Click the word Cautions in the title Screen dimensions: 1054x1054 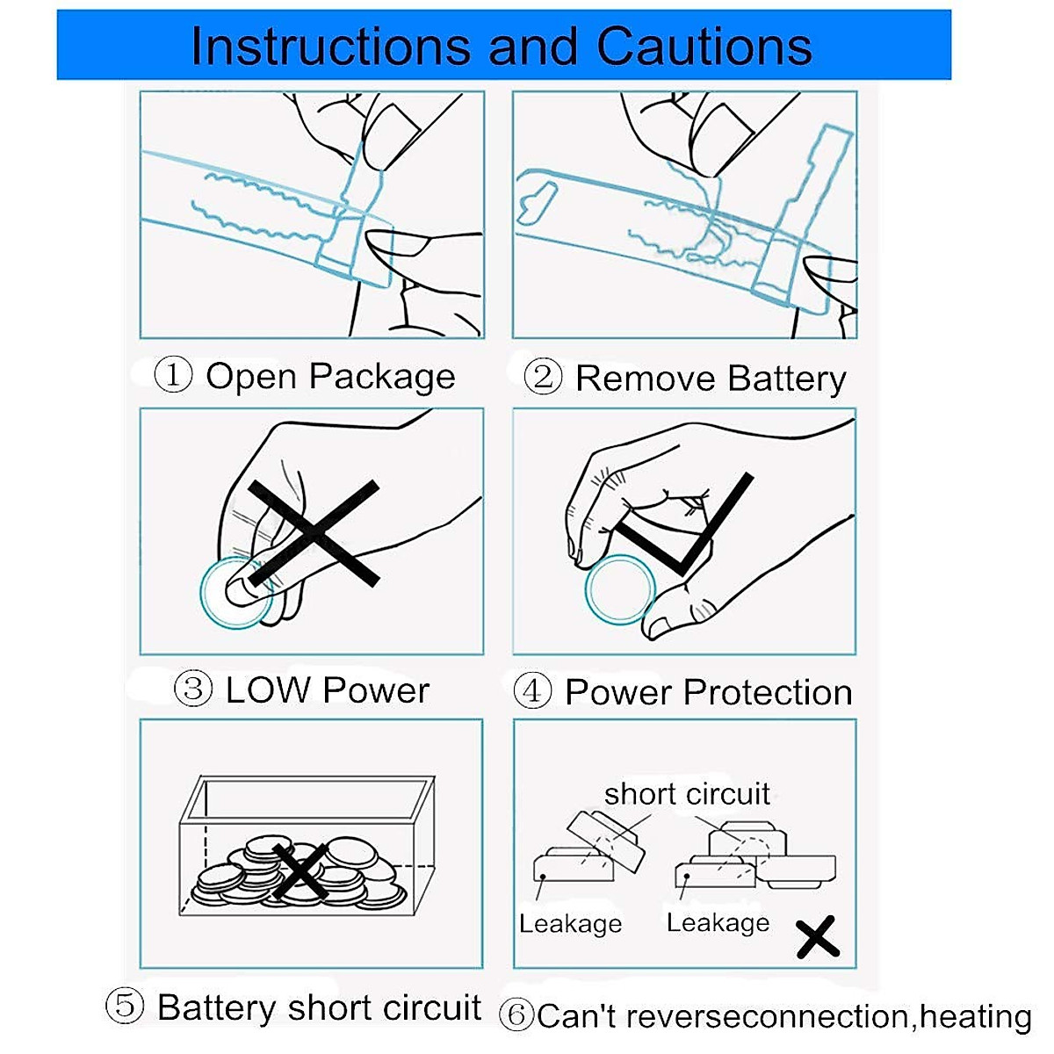(704, 46)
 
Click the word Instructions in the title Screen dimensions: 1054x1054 (330, 46)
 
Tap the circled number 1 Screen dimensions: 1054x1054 (173, 375)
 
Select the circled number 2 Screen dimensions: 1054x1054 (543, 377)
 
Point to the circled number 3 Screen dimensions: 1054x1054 (192, 689)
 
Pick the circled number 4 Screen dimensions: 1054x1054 (532, 690)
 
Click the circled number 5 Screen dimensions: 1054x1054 (125, 1006)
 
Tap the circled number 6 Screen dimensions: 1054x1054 (516, 1015)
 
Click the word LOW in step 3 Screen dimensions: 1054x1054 (268, 689)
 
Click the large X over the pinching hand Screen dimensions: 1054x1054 (314, 533)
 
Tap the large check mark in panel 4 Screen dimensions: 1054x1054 (683, 524)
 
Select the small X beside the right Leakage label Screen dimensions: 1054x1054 (817, 936)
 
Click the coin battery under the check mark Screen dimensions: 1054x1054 (620, 589)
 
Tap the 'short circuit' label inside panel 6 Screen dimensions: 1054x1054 (687, 794)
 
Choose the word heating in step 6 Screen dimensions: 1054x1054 (976, 1016)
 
